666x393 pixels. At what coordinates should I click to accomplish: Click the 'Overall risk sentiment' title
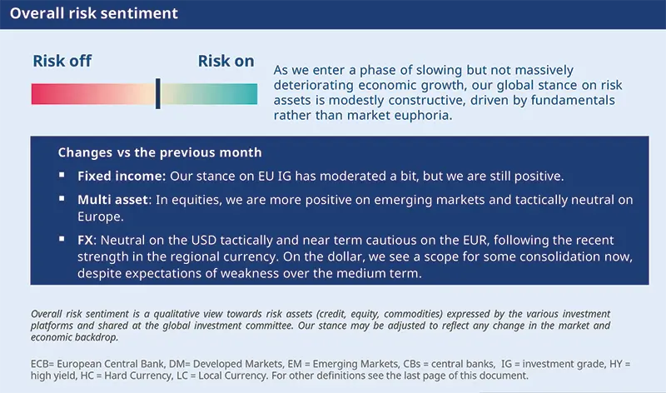point(93,14)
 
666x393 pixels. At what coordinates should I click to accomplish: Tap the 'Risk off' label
point(62,61)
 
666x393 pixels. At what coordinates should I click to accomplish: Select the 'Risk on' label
point(226,61)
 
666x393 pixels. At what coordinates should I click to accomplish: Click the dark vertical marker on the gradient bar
point(157,93)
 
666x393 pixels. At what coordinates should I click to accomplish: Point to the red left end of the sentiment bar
point(37,93)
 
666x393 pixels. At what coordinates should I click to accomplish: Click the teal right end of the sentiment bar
point(251,93)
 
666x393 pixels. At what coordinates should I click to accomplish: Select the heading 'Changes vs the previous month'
point(160,153)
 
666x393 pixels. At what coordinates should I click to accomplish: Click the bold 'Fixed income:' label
point(122,177)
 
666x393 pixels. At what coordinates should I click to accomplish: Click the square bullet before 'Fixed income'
point(62,177)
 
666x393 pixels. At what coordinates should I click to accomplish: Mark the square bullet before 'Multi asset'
point(62,200)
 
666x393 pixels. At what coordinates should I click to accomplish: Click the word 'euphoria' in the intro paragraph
point(424,116)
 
